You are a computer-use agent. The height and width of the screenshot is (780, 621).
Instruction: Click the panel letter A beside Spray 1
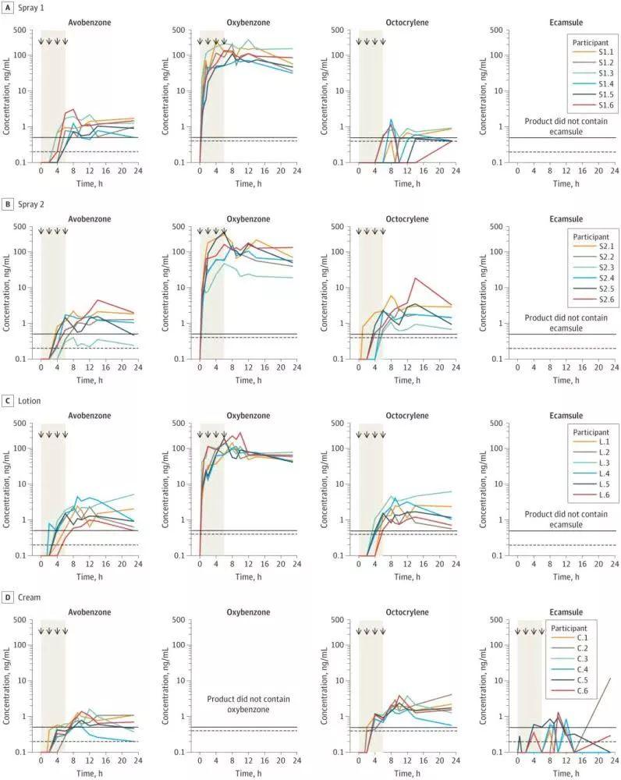[8, 6]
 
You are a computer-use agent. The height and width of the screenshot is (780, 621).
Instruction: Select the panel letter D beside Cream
[8, 597]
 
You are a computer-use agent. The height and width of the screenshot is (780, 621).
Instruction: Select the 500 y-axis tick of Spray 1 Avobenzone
[27, 31]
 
